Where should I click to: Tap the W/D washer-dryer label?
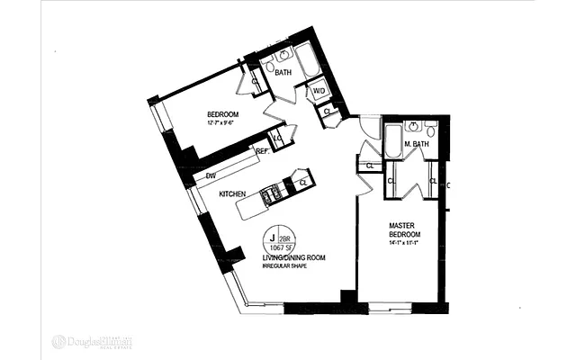click(x=319, y=91)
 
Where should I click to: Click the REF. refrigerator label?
click(x=264, y=152)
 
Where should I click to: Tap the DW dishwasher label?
click(x=211, y=176)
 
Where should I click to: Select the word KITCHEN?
click(x=234, y=193)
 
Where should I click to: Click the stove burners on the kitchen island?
click(x=270, y=193)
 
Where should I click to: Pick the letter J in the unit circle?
click(x=270, y=238)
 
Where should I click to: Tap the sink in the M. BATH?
click(x=415, y=128)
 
